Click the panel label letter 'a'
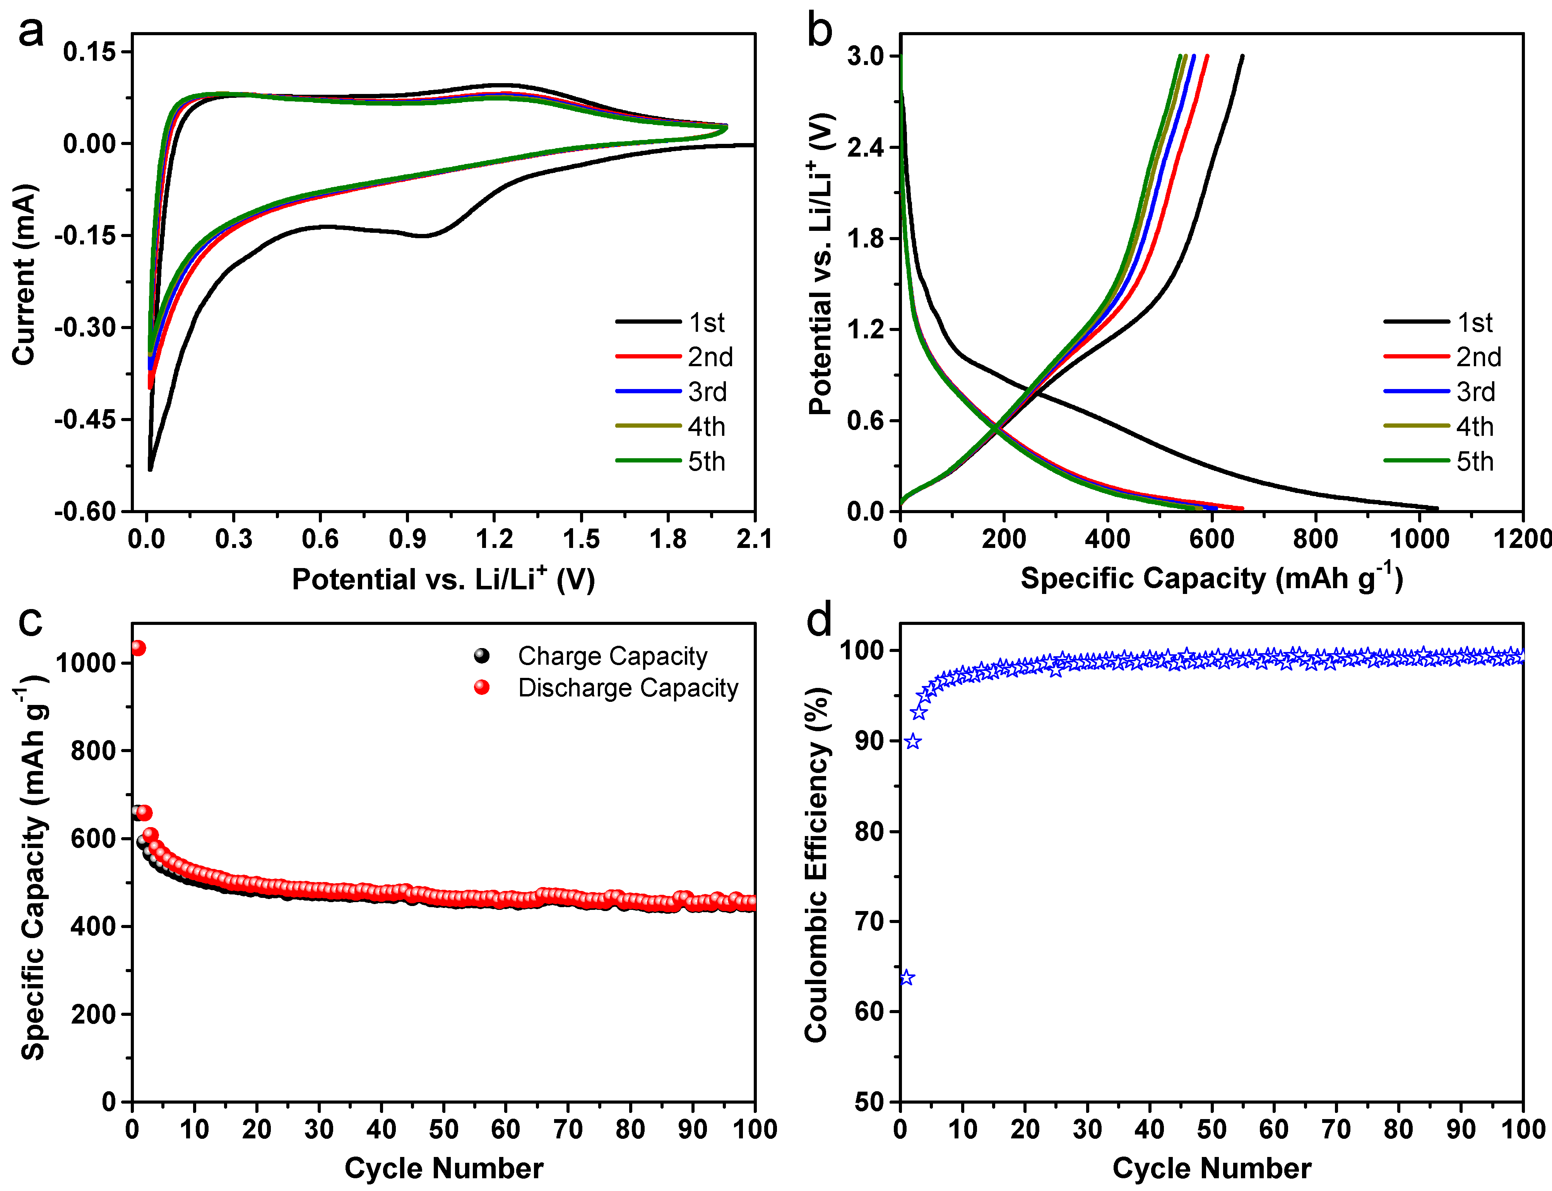click(31, 32)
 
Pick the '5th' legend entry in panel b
click(1475, 462)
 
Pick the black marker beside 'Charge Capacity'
click(482, 656)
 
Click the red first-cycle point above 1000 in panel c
click(138, 648)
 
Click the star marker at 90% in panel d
click(913, 742)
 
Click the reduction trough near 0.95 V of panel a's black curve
click(423, 235)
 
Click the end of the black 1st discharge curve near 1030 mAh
click(1436, 508)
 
